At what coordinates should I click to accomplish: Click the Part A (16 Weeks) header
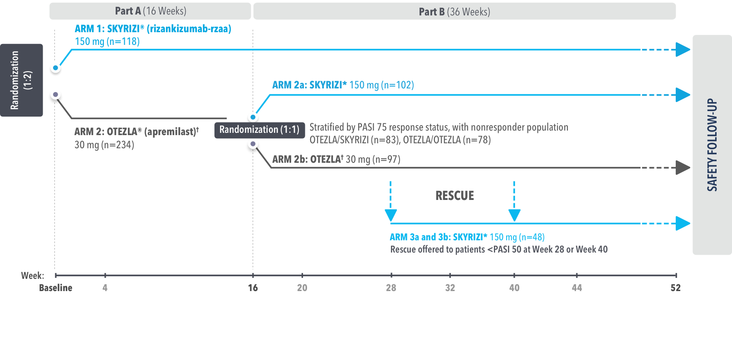click(150, 11)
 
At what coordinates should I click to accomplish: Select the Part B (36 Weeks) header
click(454, 12)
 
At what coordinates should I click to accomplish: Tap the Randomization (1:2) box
click(21, 80)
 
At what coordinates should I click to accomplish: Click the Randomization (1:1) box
click(259, 130)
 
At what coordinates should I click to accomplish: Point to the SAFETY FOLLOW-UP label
click(712, 145)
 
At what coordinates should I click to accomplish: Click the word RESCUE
click(454, 195)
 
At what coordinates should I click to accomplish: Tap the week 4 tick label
click(105, 288)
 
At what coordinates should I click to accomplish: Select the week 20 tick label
click(302, 288)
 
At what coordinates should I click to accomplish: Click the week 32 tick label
click(450, 288)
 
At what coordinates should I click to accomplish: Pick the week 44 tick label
click(577, 288)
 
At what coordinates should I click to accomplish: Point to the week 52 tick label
click(676, 288)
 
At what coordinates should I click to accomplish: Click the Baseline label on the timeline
click(55, 288)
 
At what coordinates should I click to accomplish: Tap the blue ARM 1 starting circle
click(55, 68)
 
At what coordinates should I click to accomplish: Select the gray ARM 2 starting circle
click(55, 94)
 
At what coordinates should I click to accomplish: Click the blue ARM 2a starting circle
click(253, 117)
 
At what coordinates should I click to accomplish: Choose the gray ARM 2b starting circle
click(253, 144)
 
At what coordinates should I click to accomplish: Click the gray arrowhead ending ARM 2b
click(682, 168)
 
